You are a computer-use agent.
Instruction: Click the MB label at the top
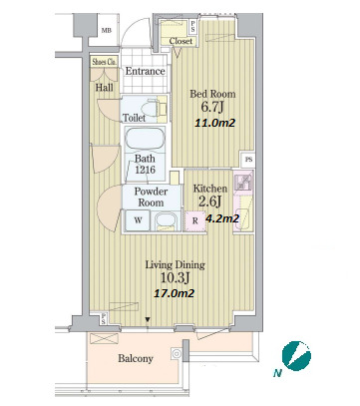pyautogui.click(x=107, y=31)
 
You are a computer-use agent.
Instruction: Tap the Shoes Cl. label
pyautogui.click(x=105, y=62)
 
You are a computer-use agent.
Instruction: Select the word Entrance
pyautogui.click(x=145, y=71)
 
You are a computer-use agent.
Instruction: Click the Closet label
pyautogui.click(x=180, y=41)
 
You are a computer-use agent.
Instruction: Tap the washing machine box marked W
pyautogui.click(x=138, y=220)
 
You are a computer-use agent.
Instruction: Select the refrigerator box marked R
pyautogui.click(x=195, y=220)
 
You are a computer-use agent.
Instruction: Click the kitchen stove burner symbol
pyautogui.click(x=244, y=181)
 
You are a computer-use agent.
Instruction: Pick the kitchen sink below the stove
pyautogui.click(x=241, y=218)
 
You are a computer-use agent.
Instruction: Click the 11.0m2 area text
pyautogui.click(x=214, y=123)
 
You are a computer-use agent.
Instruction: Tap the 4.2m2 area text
pyautogui.click(x=222, y=218)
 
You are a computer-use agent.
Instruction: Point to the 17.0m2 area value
pyautogui.click(x=175, y=293)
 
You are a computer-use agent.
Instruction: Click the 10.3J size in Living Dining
pyautogui.click(x=175, y=277)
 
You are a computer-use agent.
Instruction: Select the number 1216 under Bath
pyautogui.click(x=146, y=170)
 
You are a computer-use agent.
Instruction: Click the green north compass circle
pyautogui.click(x=296, y=355)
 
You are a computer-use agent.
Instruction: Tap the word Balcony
pyautogui.click(x=136, y=358)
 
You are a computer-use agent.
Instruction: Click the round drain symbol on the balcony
pyautogui.click(x=177, y=353)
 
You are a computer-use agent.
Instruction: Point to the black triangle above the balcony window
pyautogui.click(x=148, y=320)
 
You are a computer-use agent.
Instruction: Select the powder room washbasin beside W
pyautogui.click(x=166, y=220)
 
